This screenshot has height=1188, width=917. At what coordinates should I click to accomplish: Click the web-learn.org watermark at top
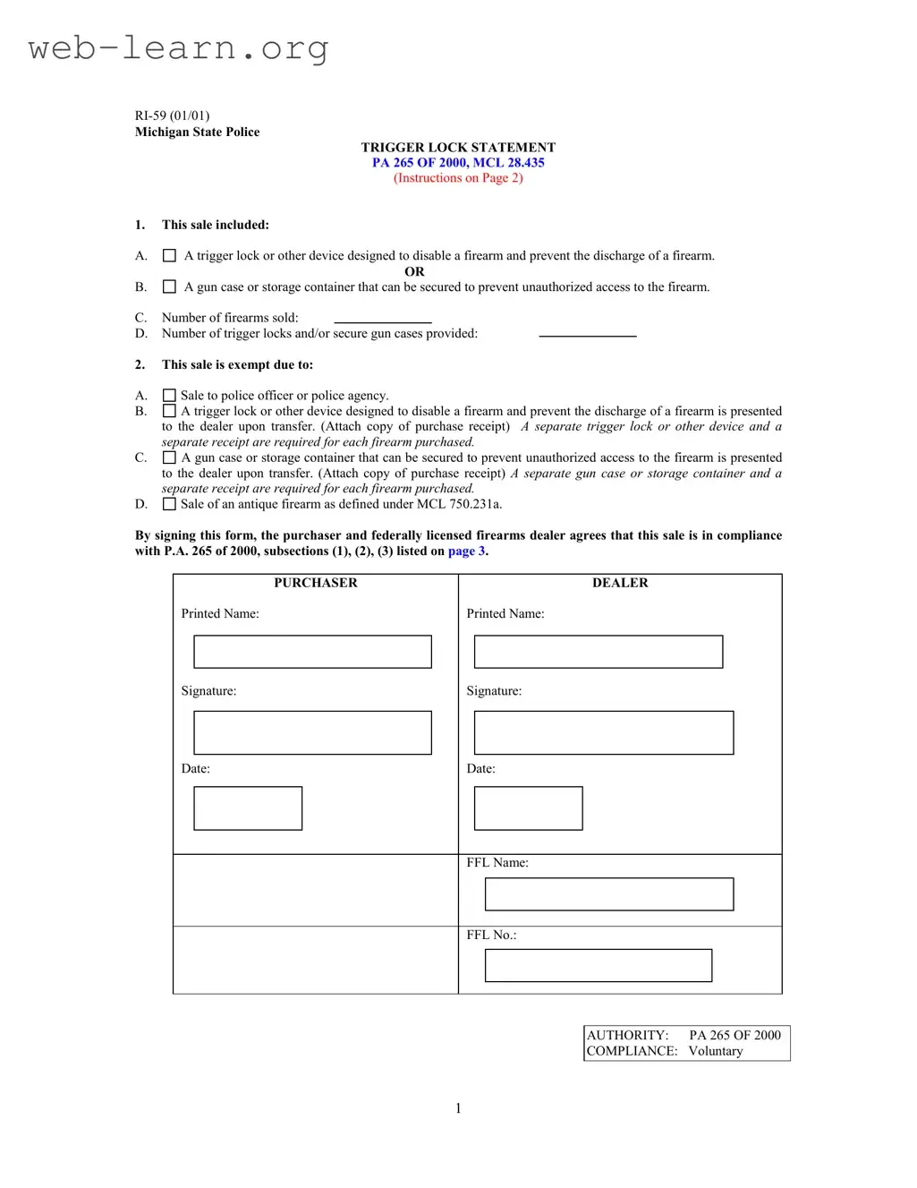coord(178,47)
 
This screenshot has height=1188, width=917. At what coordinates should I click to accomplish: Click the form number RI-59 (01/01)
coord(172,115)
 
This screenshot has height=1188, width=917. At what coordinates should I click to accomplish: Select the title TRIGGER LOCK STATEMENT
coord(458,147)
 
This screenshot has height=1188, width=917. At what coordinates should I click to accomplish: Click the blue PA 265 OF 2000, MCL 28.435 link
coord(458,162)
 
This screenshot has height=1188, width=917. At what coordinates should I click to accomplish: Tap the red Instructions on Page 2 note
coord(458,177)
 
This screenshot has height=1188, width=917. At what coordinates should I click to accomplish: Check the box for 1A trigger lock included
coord(169,256)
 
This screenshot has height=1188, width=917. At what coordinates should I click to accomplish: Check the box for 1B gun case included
coord(169,287)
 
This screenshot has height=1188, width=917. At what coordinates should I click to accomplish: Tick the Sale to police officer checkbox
coord(169,396)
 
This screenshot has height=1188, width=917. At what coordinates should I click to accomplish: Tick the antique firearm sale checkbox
coord(169,504)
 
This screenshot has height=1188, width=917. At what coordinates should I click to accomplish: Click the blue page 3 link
coord(466,551)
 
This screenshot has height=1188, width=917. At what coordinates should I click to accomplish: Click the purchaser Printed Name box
coord(312,652)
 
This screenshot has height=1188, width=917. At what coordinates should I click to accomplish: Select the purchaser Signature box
coord(312,732)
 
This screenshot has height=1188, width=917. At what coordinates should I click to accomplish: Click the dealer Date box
coord(528,808)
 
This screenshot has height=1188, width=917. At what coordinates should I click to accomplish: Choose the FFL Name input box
coord(608,894)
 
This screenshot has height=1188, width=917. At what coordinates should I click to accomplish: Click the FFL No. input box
coord(598,965)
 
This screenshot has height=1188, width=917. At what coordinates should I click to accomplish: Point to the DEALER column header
coord(620,583)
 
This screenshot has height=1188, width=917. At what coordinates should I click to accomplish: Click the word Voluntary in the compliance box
coord(715,1051)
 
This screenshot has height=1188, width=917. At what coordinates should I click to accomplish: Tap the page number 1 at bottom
coord(458,1108)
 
